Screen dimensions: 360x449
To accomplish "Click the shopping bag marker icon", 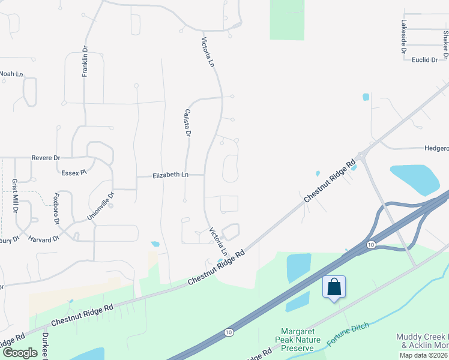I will pyautogui.click(x=334, y=287).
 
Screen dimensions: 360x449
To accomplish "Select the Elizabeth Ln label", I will pyautogui.click(x=170, y=175).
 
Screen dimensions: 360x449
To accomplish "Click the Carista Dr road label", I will pyautogui.click(x=187, y=123).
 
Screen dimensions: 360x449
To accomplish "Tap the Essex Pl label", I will pyautogui.click(x=74, y=172).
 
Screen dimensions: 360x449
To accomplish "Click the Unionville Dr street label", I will pyautogui.click(x=101, y=205).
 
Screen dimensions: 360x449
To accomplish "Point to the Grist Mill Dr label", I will pyautogui.click(x=15, y=196).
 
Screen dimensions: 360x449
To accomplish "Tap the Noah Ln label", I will pyautogui.click(x=11, y=74).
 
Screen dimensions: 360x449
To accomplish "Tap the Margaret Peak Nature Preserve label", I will pyautogui.click(x=298, y=340).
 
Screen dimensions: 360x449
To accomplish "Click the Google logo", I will pyautogui.click(x=20, y=353).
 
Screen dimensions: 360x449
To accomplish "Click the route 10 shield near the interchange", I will pyautogui.click(x=371, y=244).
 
